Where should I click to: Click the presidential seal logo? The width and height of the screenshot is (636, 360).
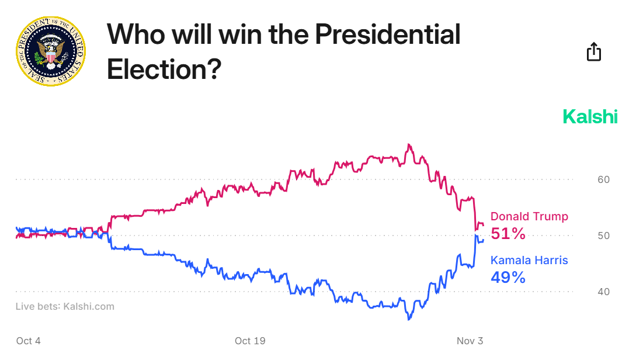(x=50, y=51)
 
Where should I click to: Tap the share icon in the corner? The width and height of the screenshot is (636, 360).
(x=593, y=52)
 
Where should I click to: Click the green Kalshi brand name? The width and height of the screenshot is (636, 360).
(x=590, y=117)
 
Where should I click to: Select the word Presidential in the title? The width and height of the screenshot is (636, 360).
(x=388, y=35)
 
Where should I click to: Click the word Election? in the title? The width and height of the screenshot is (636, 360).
(x=164, y=70)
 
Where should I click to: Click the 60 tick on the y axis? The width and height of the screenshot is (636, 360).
(x=603, y=179)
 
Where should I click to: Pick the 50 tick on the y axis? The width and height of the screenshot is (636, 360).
(x=603, y=236)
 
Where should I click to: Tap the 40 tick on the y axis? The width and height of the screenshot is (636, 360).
(x=603, y=292)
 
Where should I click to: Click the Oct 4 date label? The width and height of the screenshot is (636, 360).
(x=29, y=341)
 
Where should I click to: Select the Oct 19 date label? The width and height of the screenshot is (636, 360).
(x=251, y=341)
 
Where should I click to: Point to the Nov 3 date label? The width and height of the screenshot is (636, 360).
(x=470, y=341)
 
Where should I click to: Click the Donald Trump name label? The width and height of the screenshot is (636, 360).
(x=529, y=217)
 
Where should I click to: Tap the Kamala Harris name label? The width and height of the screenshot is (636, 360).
(x=529, y=261)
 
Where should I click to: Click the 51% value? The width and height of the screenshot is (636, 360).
(x=508, y=234)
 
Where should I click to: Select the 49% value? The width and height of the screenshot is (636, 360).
(x=508, y=277)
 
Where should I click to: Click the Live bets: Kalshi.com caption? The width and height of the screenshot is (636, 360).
(x=65, y=306)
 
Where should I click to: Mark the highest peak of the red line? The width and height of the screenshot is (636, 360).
(x=409, y=144)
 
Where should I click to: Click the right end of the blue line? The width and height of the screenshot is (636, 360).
(x=483, y=240)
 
